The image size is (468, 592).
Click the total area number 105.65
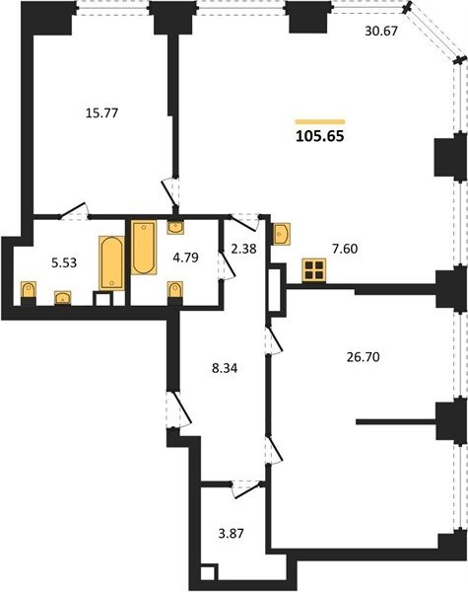tap(320, 136)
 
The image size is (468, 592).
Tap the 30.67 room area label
tap(381, 31)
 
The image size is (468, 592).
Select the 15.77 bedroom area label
tap(101, 112)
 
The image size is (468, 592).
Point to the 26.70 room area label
tap(363, 357)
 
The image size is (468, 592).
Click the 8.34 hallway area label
tap(225, 368)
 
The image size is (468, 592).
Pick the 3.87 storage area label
tap(231, 534)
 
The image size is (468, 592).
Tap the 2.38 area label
tap(243, 249)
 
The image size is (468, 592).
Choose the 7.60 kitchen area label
tap(345, 249)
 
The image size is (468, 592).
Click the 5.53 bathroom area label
tap(64, 262)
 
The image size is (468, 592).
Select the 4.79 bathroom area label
tap(185, 258)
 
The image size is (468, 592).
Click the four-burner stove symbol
tap(313, 270)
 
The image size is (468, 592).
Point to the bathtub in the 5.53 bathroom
tap(111, 263)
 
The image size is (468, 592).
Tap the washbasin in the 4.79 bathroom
tap(175, 228)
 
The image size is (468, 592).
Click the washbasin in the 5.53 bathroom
tap(63, 298)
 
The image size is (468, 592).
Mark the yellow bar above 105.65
tap(320, 121)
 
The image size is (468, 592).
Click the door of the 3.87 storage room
tap(246, 490)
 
